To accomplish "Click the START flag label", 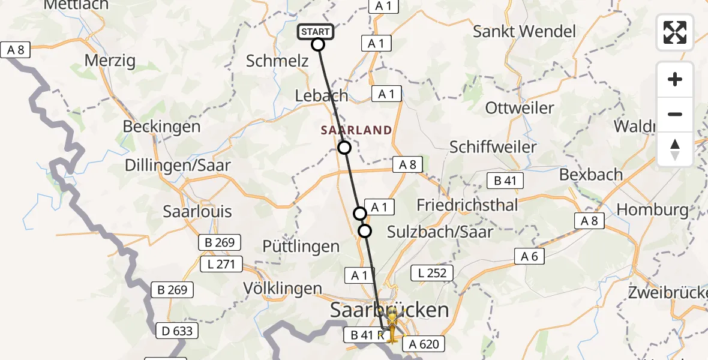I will [x=315, y=32].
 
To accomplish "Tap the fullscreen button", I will [x=675, y=32].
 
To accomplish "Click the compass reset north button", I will [x=675, y=149].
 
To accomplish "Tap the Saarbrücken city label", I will [x=389, y=310].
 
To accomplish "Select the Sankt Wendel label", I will [x=524, y=31].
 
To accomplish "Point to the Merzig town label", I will [x=110, y=61].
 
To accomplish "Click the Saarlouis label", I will [x=197, y=212].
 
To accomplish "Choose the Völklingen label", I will [x=283, y=288].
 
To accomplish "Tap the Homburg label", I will [x=653, y=210].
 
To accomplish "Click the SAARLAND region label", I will [x=356, y=130].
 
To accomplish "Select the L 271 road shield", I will [x=221, y=264].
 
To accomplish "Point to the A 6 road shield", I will [x=529, y=257].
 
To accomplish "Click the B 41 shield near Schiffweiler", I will [x=505, y=181].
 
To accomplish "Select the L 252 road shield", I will [x=430, y=274].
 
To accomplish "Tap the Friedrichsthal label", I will [x=467, y=205].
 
